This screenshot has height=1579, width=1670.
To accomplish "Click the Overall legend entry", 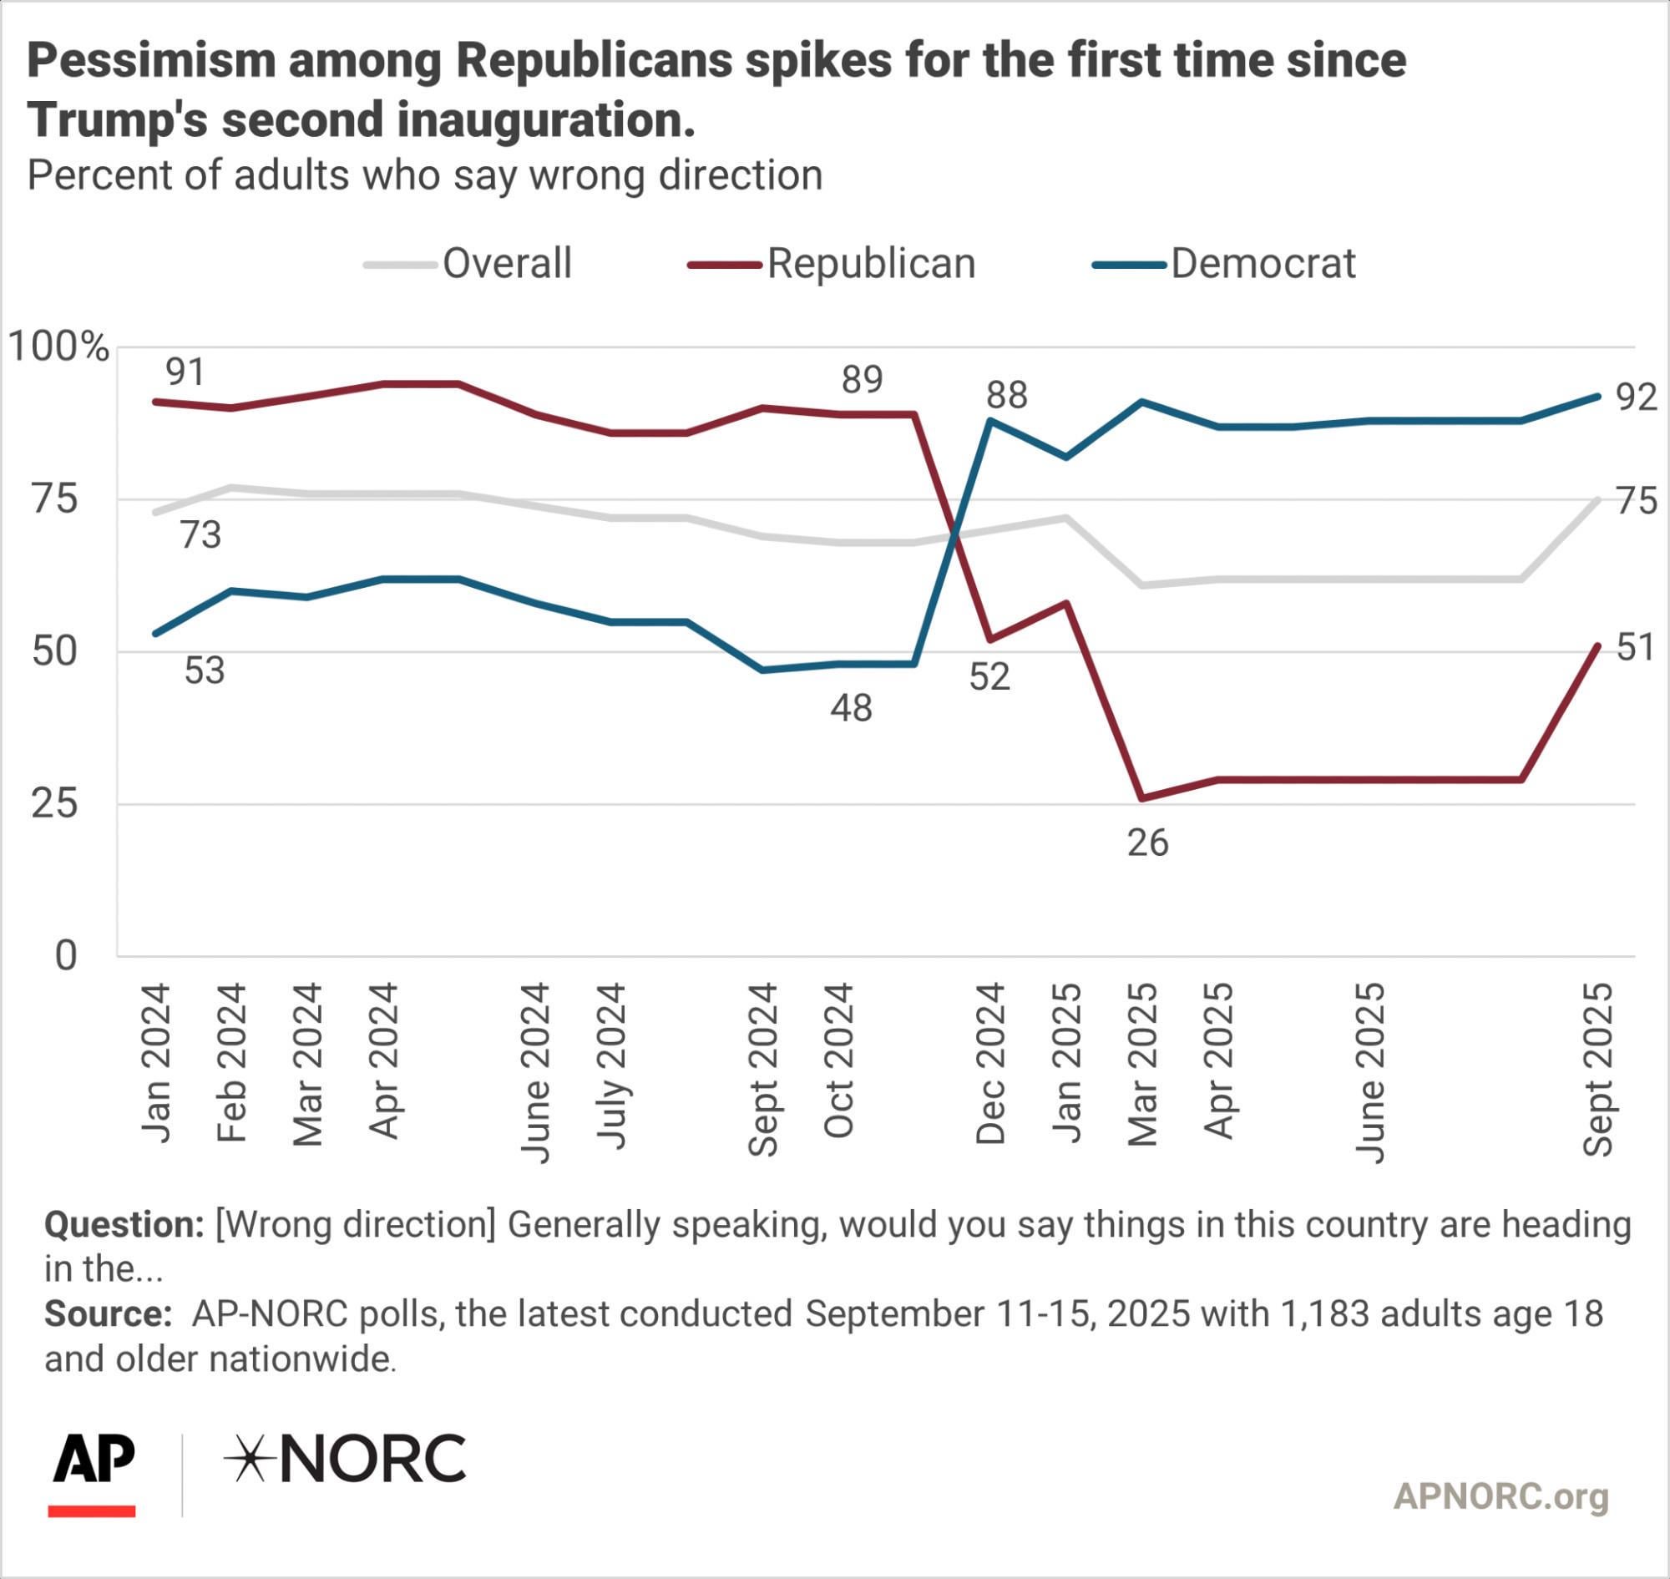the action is click(468, 264).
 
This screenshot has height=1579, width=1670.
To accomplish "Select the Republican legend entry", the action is click(832, 264).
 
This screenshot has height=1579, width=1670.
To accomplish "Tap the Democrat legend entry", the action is click(1225, 264).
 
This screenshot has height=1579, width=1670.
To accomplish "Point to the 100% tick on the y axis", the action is click(58, 346).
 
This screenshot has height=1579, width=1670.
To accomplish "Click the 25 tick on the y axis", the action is click(55, 804).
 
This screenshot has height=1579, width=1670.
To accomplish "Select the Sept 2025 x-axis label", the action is click(1598, 1068).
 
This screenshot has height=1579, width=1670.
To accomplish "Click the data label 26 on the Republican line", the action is click(1148, 843).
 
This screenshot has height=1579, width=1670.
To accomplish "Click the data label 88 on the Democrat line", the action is click(1007, 395).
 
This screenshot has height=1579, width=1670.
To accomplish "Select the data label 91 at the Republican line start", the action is click(185, 372).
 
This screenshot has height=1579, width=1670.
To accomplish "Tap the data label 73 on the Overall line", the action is click(200, 534).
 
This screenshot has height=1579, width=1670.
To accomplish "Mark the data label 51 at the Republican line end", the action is click(1637, 647).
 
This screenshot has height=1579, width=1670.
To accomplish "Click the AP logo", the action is click(93, 1475).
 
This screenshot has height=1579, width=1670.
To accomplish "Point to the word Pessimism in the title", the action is click(151, 62).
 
